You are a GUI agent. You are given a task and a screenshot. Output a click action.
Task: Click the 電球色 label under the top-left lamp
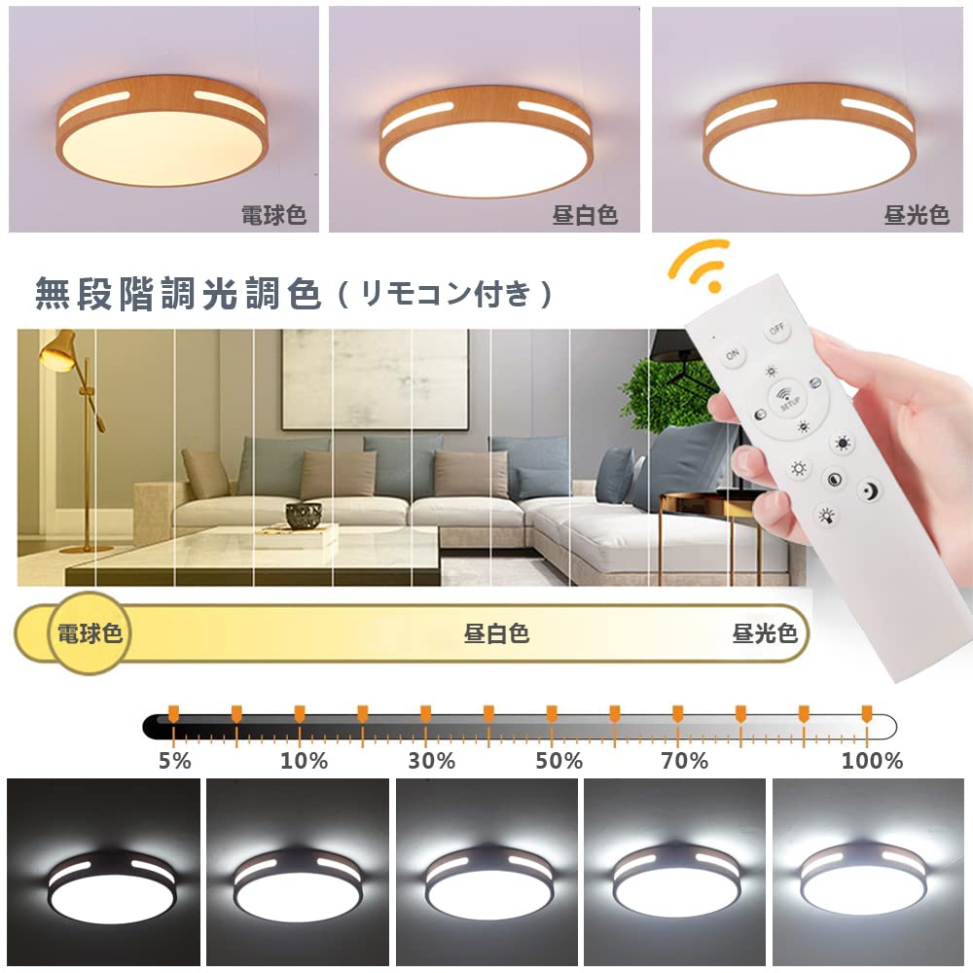(274, 215)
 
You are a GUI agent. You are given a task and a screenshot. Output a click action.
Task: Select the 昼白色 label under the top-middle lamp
(585, 215)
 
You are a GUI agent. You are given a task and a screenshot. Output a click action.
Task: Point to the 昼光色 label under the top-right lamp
(917, 215)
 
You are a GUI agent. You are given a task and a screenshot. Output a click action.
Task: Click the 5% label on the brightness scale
(175, 761)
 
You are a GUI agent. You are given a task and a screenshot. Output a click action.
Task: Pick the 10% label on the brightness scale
(305, 761)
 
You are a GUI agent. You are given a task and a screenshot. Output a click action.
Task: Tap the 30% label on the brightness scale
(432, 761)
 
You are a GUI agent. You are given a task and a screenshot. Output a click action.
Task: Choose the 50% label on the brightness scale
(559, 761)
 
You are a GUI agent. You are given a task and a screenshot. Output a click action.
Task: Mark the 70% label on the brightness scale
(685, 761)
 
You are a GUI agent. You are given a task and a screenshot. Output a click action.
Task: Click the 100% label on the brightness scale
(872, 761)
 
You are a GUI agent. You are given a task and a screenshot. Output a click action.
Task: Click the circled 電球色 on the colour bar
(90, 634)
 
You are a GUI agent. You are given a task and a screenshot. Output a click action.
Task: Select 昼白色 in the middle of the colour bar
(496, 634)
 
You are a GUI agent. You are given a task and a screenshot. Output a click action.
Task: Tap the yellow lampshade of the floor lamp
(59, 349)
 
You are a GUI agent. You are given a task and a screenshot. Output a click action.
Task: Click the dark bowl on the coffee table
(304, 515)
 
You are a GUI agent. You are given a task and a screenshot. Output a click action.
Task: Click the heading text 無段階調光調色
(178, 294)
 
